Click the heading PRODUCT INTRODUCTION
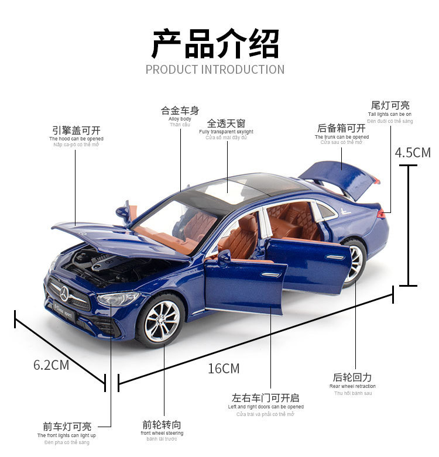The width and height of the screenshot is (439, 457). coord(215,69)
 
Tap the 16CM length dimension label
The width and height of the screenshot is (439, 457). coord(224,369)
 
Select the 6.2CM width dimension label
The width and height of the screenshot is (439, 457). coord(51,365)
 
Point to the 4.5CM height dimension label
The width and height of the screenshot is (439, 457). coord(413,153)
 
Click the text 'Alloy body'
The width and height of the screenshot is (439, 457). coord(180,119)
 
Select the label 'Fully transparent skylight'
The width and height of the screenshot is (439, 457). coord(226,132)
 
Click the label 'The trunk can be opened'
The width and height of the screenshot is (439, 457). coord(342,136)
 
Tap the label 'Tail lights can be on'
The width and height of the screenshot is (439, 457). coord(390,114)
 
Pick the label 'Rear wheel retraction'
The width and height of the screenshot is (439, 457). coord(352,386)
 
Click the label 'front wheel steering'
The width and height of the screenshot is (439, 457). coord(162,433)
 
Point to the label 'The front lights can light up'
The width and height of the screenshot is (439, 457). coord(67,435)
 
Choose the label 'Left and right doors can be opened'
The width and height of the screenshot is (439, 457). coord(266,407)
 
